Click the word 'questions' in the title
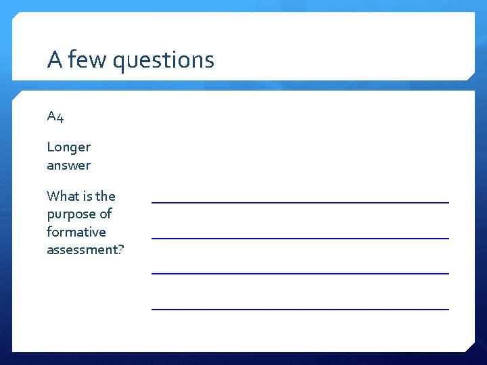point(163,60)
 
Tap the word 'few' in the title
point(86,60)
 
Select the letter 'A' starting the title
point(55,60)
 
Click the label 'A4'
point(55,116)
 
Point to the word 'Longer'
point(68,147)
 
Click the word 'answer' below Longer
point(68,165)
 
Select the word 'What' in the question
point(62,196)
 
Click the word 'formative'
point(76,232)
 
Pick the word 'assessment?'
point(85,249)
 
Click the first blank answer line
point(300,202)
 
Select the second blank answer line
point(300,238)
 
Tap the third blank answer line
point(300,273)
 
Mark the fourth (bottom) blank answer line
point(300,309)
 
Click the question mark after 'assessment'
point(122,249)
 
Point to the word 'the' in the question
point(106,196)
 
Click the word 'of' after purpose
point(106,214)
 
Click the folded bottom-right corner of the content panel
point(469,347)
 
